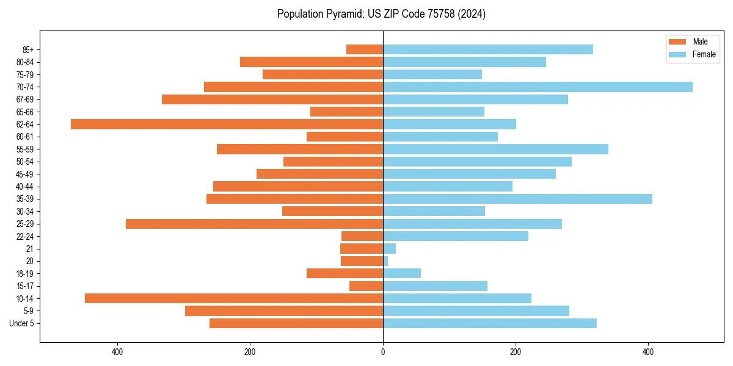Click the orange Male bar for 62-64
pos(227,124)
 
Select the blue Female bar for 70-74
pos(538,87)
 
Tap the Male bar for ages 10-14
pos(234,298)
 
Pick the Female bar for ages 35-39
pos(517,199)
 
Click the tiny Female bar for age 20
pos(385,261)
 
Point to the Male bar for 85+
pos(365,49)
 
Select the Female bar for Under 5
pos(490,323)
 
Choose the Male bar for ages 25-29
pos(254,224)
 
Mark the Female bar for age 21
pos(389,249)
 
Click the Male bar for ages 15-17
pos(366,286)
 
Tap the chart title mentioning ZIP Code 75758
pos(381,14)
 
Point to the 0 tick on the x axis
pos(383,352)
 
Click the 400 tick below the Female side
pos(648,352)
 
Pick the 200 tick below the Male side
pos(250,352)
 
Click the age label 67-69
pos(24,99)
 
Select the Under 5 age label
pos(21,323)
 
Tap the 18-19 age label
pos(24,274)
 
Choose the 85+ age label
pos(27,49)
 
